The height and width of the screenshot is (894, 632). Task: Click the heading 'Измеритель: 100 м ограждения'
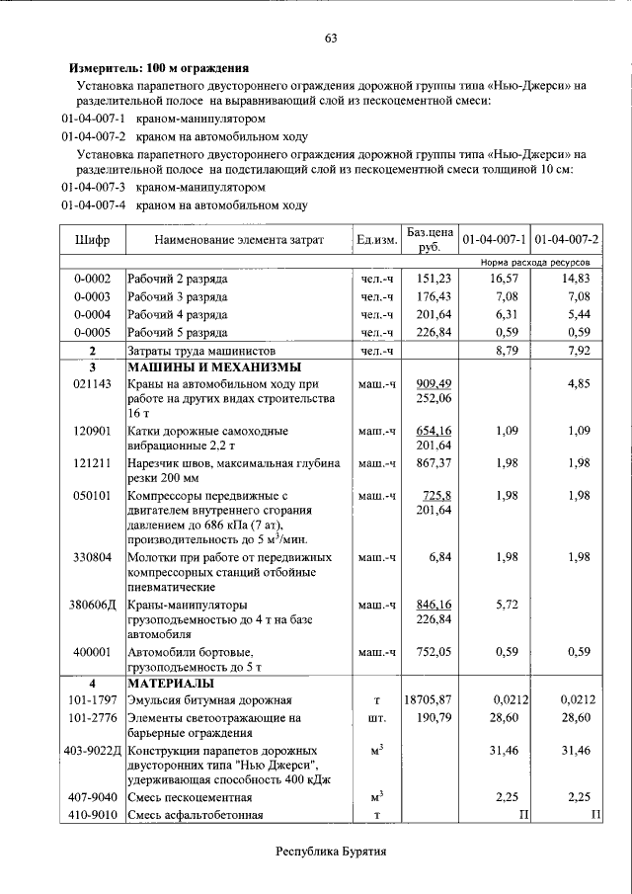pyautogui.click(x=158, y=69)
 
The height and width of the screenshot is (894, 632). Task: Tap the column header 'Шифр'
pyautogui.click(x=92, y=240)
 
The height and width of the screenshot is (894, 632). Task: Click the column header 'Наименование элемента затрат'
pyautogui.click(x=239, y=240)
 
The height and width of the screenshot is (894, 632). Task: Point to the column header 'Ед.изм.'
pyautogui.click(x=376, y=240)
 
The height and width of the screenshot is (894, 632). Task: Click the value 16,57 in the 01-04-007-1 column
pyautogui.click(x=503, y=280)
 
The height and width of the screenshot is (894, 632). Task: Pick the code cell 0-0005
pyautogui.click(x=92, y=332)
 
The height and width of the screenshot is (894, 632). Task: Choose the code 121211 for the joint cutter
pyautogui.click(x=92, y=462)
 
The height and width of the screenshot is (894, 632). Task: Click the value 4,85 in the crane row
pyautogui.click(x=579, y=383)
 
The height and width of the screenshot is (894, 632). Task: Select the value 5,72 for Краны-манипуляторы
pyautogui.click(x=506, y=604)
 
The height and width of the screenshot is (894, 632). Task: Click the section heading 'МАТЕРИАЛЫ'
pyautogui.click(x=169, y=684)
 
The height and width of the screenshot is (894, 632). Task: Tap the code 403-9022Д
pyautogui.click(x=92, y=752)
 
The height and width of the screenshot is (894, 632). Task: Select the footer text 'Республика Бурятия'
pyautogui.click(x=330, y=851)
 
